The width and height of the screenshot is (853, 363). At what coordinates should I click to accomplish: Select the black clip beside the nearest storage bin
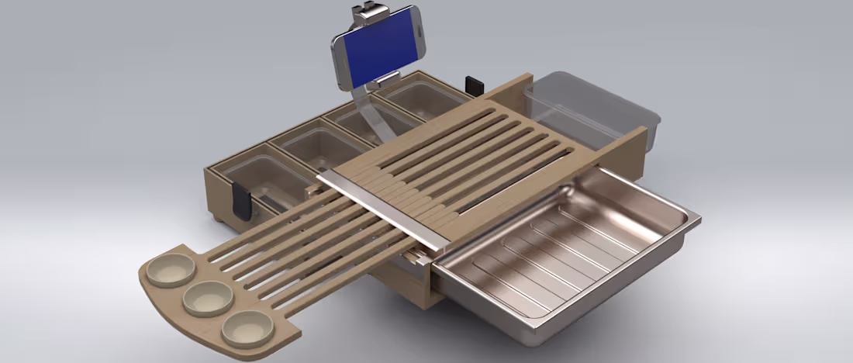[242, 200]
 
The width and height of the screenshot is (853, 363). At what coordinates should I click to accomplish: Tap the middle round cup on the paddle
[208, 297]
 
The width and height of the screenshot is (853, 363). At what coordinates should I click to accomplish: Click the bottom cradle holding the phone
[382, 81]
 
